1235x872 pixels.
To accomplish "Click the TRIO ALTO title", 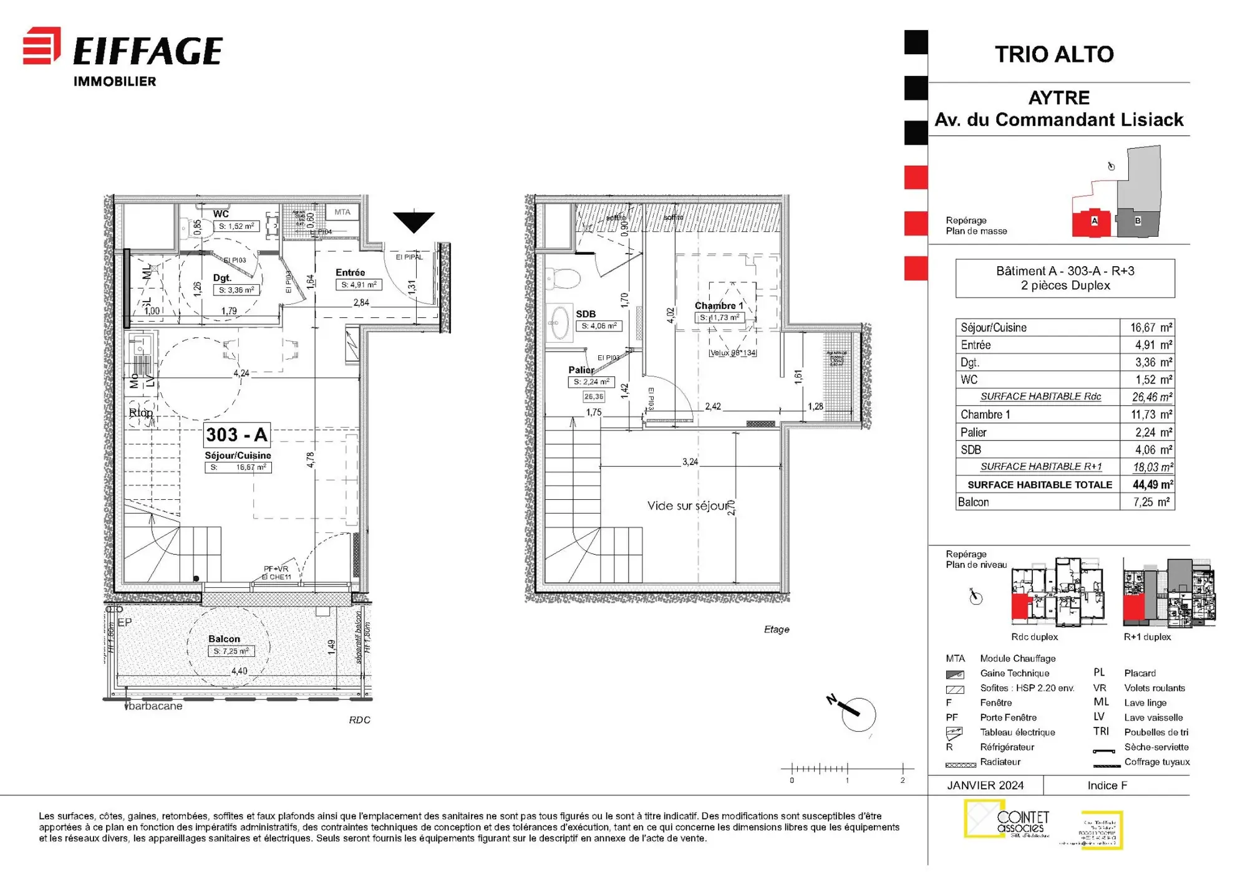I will coord(1053,54).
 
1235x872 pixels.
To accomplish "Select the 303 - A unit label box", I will coord(236,434).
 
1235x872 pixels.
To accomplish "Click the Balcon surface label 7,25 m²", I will coord(231,651).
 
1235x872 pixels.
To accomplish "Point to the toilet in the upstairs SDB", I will coord(563,278).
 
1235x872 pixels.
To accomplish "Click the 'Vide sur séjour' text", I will coord(687,505).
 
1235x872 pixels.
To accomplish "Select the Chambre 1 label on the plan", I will coord(719,305).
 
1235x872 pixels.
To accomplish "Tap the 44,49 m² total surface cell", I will coord(1152,484).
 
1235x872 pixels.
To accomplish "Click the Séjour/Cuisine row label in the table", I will coord(993,327).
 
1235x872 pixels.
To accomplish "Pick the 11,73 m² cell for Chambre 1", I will coord(1151,414).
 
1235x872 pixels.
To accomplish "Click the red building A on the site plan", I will coord(1092,222).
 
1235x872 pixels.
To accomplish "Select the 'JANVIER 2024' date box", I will coord(985,785).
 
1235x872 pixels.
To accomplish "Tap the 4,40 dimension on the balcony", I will coord(239,671).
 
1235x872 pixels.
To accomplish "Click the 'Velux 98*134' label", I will coord(733,353).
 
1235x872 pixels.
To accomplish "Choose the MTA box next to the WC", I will coord(342,212).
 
